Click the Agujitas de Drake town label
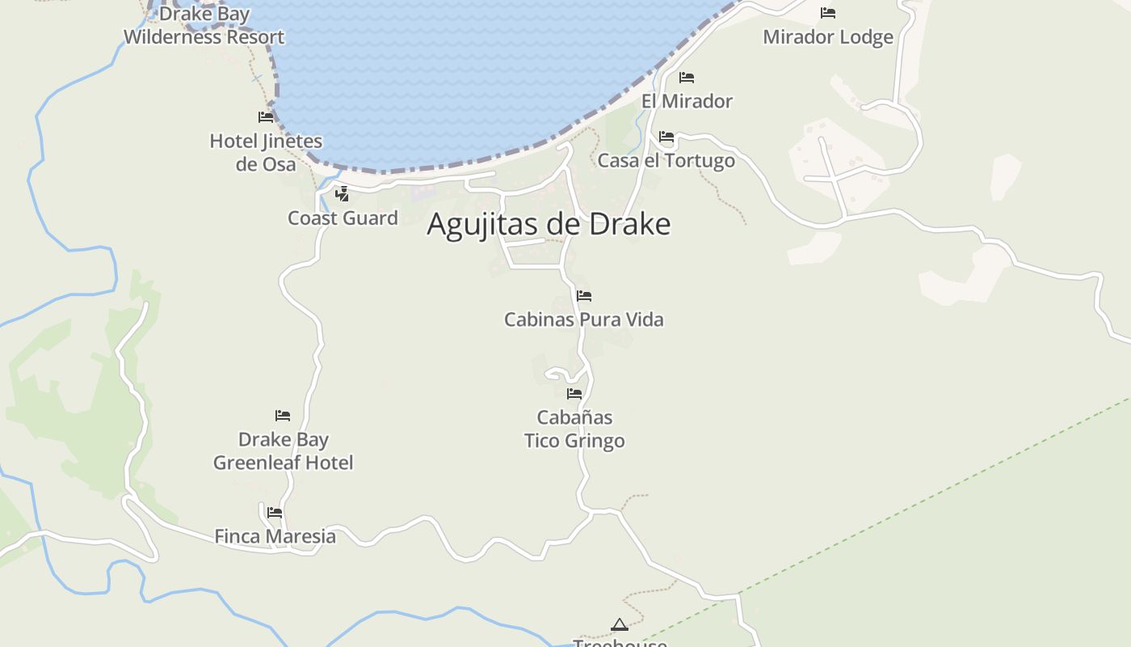(549, 224)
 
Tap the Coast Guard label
(343, 218)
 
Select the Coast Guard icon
(343, 193)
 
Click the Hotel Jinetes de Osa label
(266, 152)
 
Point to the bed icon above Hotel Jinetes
(266, 116)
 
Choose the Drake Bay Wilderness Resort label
(204, 25)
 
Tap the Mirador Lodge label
(828, 36)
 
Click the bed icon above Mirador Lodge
(828, 12)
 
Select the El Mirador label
(687, 101)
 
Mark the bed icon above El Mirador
(687, 78)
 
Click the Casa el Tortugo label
(666, 160)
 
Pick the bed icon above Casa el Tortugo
(666, 137)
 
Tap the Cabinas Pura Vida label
(584, 319)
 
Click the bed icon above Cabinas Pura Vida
(584, 296)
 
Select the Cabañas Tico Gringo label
(574, 429)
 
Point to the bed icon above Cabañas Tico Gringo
(574, 394)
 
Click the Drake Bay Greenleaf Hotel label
(283, 450)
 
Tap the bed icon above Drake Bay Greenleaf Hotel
(283, 416)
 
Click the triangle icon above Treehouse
(620, 624)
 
